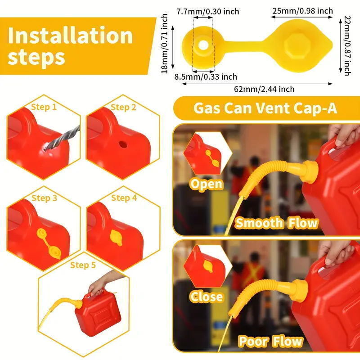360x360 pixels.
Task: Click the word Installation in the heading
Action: point(70,36)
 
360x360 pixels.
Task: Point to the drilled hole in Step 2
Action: point(122,145)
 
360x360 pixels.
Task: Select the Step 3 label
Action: point(44,198)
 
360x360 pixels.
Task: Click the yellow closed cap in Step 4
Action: point(116,237)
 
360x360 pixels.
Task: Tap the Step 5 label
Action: point(83,265)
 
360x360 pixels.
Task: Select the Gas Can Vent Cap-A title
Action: point(265,108)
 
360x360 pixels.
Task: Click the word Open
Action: point(206,184)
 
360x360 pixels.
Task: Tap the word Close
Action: point(206,297)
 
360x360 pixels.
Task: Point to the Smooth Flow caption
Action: point(277,223)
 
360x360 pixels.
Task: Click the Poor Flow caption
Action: point(270,341)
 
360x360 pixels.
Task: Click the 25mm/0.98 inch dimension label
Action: point(301,11)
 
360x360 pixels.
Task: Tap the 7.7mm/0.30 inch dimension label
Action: point(207,11)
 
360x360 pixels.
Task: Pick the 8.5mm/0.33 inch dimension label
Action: point(206,77)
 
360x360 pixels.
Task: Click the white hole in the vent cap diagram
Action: point(204,45)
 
